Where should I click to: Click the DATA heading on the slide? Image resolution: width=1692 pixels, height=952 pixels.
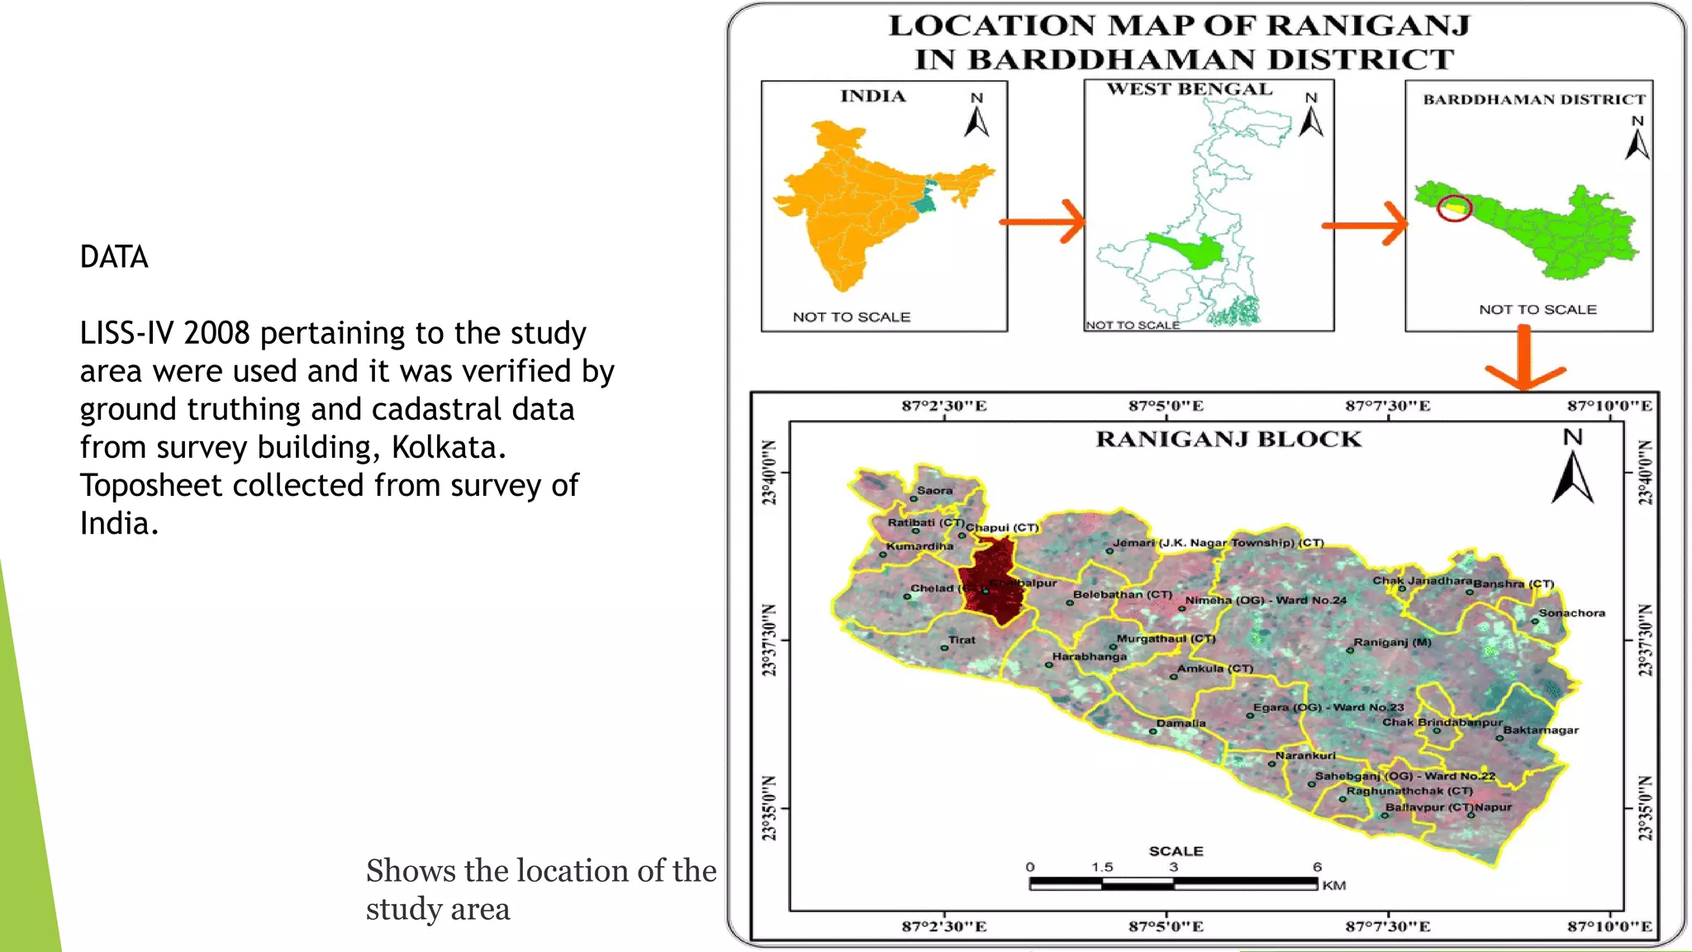pyautogui.click(x=114, y=257)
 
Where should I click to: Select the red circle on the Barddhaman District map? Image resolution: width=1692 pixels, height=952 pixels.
pyautogui.click(x=1454, y=207)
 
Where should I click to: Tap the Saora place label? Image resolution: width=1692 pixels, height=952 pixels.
pyautogui.click(x=934, y=490)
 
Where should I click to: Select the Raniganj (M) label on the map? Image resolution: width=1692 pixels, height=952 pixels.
pyautogui.click(x=1392, y=642)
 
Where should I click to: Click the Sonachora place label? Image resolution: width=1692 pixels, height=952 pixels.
pyautogui.click(x=1571, y=613)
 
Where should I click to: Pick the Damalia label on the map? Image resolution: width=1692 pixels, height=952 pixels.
pyautogui.click(x=1181, y=723)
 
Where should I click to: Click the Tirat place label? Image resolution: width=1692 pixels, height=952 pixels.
pyautogui.click(x=962, y=640)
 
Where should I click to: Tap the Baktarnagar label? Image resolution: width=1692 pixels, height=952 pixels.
pyautogui.click(x=1541, y=731)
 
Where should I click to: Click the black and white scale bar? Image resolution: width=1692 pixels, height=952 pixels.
pyautogui.click(x=1173, y=883)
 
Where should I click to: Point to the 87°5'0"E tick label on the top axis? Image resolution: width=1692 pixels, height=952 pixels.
pyautogui.click(x=1166, y=406)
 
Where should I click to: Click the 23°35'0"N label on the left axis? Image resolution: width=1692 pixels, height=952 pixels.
pyautogui.click(x=770, y=808)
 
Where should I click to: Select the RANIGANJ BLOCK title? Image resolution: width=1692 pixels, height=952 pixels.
pyautogui.click(x=1229, y=439)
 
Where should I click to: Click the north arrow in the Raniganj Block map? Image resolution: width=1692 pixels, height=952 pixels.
pyautogui.click(x=1572, y=478)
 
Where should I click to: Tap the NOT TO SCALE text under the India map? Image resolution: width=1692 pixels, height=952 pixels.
pyautogui.click(x=851, y=317)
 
